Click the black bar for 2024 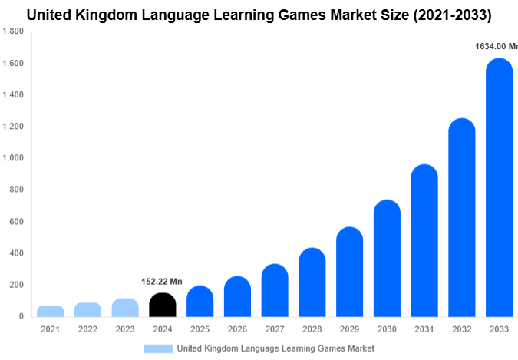(163, 305)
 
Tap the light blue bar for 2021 (51, 311)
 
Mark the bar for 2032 (462, 218)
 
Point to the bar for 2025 (200, 302)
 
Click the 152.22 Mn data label (162, 282)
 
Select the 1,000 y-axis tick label (13, 158)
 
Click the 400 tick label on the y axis (16, 253)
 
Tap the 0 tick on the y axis (21, 316)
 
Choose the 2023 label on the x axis (125, 329)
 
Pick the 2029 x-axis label (350, 329)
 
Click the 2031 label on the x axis (424, 329)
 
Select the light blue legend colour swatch (158, 348)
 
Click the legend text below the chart (275, 348)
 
